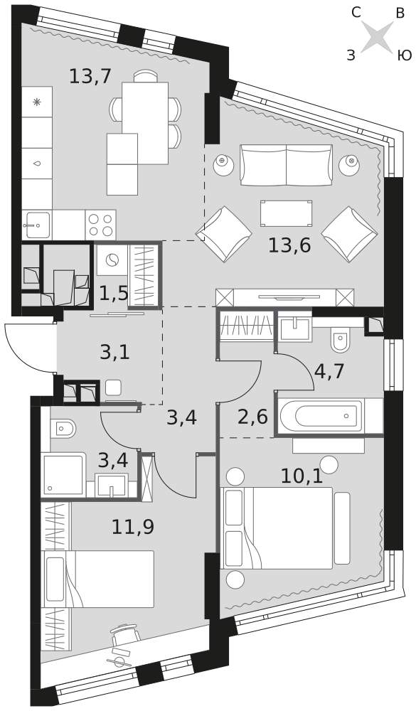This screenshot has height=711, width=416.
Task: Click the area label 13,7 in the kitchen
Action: click(90, 76)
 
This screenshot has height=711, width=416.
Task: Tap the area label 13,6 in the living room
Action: click(289, 245)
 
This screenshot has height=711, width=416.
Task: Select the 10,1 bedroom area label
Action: click(302, 476)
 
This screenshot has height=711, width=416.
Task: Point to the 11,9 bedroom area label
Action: click(133, 526)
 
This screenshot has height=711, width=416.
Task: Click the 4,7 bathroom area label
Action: click(329, 373)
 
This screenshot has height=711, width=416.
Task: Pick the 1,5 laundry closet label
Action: click(113, 294)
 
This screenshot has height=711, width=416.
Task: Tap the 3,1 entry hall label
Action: click(114, 351)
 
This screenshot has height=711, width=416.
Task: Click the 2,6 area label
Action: click(252, 417)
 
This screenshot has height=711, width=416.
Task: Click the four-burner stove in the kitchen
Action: click(101, 225)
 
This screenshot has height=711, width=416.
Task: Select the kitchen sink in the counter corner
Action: click(37, 225)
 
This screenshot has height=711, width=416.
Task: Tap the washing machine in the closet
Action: click(112, 260)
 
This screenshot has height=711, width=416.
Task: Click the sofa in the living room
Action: click(287, 165)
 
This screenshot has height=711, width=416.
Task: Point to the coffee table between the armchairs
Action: click(287, 213)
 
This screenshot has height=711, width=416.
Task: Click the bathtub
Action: click(321, 416)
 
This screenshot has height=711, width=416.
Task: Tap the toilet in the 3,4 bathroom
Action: click(63, 429)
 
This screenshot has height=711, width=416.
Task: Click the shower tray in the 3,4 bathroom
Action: click(63, 474)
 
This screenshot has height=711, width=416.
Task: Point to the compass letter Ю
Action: click(404, 55)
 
